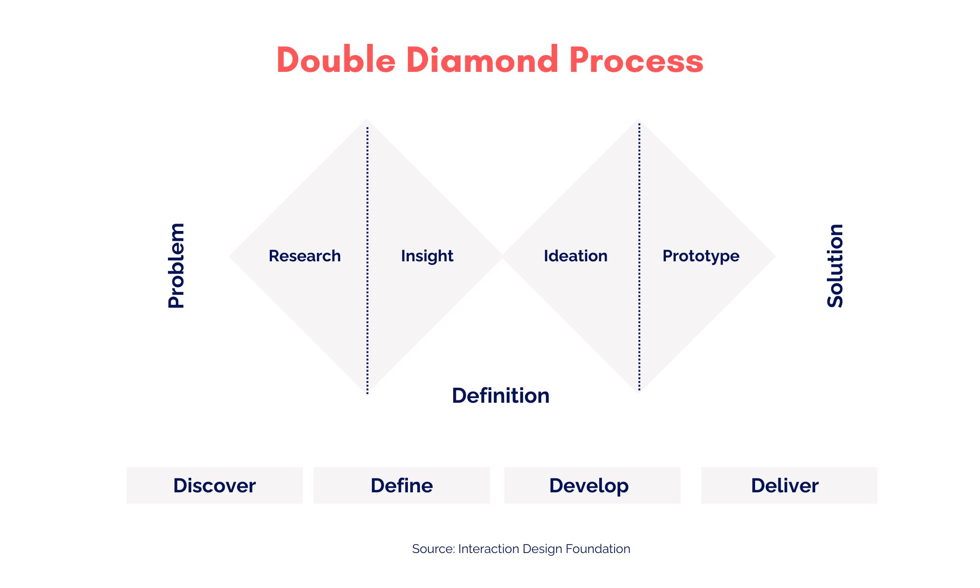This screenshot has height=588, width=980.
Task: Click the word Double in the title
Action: click(336, 61)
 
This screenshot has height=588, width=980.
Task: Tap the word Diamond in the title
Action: click(482, 61)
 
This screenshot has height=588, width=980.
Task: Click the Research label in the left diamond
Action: click(305, 256)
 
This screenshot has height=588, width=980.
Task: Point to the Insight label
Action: click(427, 256)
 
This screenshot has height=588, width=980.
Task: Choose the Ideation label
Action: click(575, 256)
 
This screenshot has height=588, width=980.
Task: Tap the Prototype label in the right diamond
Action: click(701, 256)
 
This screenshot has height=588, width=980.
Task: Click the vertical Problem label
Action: click(176, 266)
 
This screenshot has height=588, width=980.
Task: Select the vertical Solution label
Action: click(835, 266)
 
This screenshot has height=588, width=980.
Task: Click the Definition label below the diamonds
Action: click(501, 396)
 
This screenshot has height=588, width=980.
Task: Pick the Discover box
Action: click(215, 485)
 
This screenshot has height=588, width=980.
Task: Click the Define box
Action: click(402, 485)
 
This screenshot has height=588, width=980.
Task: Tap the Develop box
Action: click(592, 485)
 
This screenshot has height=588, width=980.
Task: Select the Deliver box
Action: click(789, 485)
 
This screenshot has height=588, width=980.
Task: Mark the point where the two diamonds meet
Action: click(503, 256)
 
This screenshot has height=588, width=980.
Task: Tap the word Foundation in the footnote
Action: click(598, 549)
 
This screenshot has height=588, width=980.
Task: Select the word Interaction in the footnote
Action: click(489, 549)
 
